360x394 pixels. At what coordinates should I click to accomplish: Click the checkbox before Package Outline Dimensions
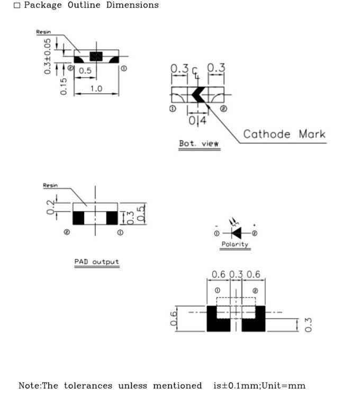click(x=17, y=5)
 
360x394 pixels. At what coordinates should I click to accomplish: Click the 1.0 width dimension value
click(x=96, y=88)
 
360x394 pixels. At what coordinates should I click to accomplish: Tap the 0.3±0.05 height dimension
click(x=47, y=56)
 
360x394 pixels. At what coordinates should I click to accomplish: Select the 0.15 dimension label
click(x=64, y=86)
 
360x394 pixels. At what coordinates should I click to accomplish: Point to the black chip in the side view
click(x=96, y=56)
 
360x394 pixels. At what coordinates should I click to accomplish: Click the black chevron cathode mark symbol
click(x=199, y=95)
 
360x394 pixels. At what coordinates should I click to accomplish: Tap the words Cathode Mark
click(x=284, y=134)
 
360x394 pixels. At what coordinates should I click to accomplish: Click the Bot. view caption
click(x=199, y=144)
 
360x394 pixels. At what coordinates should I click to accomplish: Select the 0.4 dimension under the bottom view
click(x=197, y=120)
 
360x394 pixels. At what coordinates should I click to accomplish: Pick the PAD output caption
click(x=96, y=262)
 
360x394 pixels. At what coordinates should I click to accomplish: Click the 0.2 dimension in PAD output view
click(x=50, y=207)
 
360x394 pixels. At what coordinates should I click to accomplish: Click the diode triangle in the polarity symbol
click(x=237, y=233)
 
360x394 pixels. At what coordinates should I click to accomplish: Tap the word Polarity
click(x=235, y=244)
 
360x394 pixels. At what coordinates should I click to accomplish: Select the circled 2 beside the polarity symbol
click(x=255, y=234)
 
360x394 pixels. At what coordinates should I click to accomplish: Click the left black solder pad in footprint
click(x=218, y=319)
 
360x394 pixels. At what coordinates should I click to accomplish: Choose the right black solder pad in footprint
click(x=254, y=319)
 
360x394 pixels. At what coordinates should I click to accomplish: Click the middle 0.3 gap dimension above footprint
click(x=236, y=274)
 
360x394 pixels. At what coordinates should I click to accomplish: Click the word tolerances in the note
click(x=88, y=386)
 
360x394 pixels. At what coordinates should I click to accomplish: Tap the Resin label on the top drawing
click(x=43, y=32)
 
